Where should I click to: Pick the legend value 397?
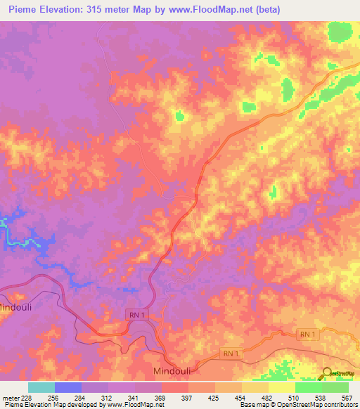point(188,397)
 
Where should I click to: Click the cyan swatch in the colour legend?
point(41,387)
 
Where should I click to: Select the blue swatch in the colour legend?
point(68,387)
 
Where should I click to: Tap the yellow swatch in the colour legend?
point(281,387)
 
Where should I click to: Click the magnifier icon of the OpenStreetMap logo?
point(327,374)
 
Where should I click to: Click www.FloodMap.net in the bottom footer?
point(134,405)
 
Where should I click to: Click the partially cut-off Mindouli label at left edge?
point(16,307)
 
